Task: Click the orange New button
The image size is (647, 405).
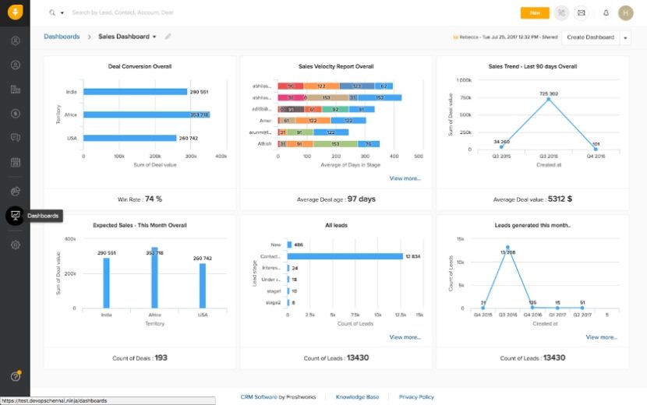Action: tap(534, 12)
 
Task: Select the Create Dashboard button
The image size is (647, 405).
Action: tap(590, 37)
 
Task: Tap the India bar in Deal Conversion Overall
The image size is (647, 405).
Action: tap(134, 91)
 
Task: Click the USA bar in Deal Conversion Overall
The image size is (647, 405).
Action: tap(129, 138)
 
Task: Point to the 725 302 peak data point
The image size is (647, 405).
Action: tap(548, 99)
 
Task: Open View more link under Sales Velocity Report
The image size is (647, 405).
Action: tap(405, 178)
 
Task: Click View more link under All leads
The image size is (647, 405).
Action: tap(405, 337)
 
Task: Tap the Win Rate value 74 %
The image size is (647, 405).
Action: tap(154, 199)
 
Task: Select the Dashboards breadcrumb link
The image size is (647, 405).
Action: tap(62, 37)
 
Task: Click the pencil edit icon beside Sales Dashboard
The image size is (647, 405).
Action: tap(168, 37)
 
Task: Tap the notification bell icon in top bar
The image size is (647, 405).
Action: tap(606, 12)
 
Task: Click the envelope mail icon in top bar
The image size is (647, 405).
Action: tap(581, 12)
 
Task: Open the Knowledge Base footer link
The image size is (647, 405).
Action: tap(357, 397)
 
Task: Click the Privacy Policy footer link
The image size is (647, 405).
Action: tap(416, 397)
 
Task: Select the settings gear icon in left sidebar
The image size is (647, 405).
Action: tap(16, 245)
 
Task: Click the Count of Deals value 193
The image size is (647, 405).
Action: tap(161, 357)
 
